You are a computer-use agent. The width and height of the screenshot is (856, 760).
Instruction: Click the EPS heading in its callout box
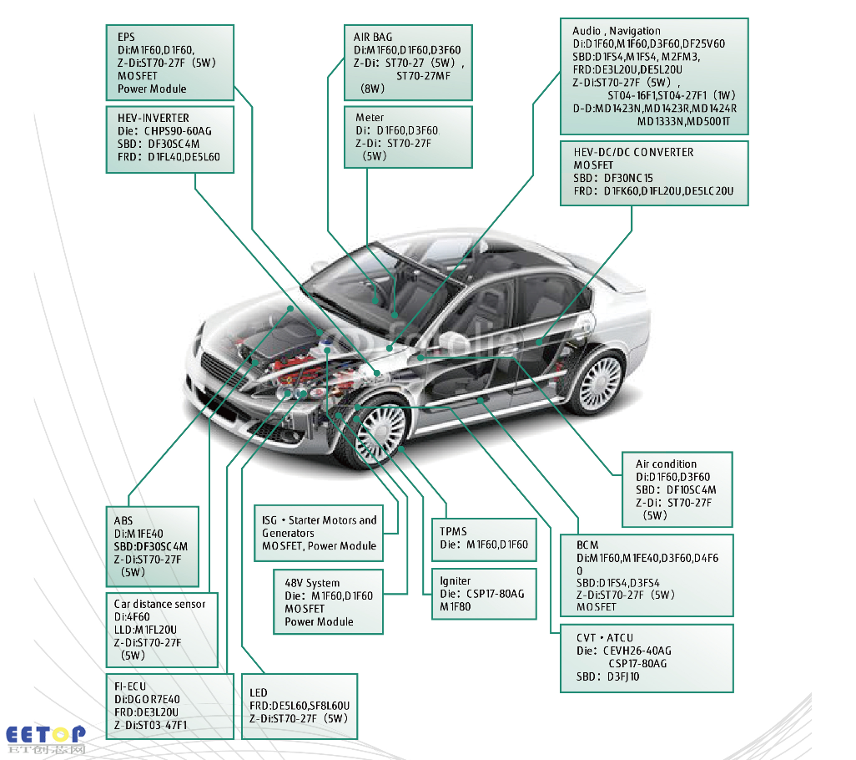(126, 37)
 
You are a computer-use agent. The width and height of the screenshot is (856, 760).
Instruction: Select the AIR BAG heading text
(373, 37)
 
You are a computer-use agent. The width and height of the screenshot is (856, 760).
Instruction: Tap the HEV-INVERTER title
(154, 118)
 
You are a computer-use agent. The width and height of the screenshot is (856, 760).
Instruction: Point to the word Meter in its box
(370, 118)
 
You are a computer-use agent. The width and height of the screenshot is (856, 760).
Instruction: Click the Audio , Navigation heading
(617, 31)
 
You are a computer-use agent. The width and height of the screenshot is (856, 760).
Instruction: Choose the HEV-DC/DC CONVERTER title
(633, 153)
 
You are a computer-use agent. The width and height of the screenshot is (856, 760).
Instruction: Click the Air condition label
(666, 464)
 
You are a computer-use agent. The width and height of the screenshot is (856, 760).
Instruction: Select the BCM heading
(587, 545)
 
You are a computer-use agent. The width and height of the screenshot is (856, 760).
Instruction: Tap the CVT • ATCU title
(605, 638)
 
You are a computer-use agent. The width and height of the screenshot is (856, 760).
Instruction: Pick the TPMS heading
(453, 532)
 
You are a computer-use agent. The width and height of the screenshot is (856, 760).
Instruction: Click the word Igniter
(456, 581)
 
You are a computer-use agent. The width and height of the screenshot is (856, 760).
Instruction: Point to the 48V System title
(312, 584)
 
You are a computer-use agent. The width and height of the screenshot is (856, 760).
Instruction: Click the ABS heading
(123, 520)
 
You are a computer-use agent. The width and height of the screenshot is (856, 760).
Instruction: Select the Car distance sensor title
(159, 605)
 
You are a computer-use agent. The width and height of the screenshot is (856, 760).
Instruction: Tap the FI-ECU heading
(130, 687)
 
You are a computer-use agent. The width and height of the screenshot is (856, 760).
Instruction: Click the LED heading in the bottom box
(259, 693)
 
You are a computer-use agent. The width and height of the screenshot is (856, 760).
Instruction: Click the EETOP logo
(46, 739)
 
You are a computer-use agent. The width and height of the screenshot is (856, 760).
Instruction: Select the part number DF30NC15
(628, 178)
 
